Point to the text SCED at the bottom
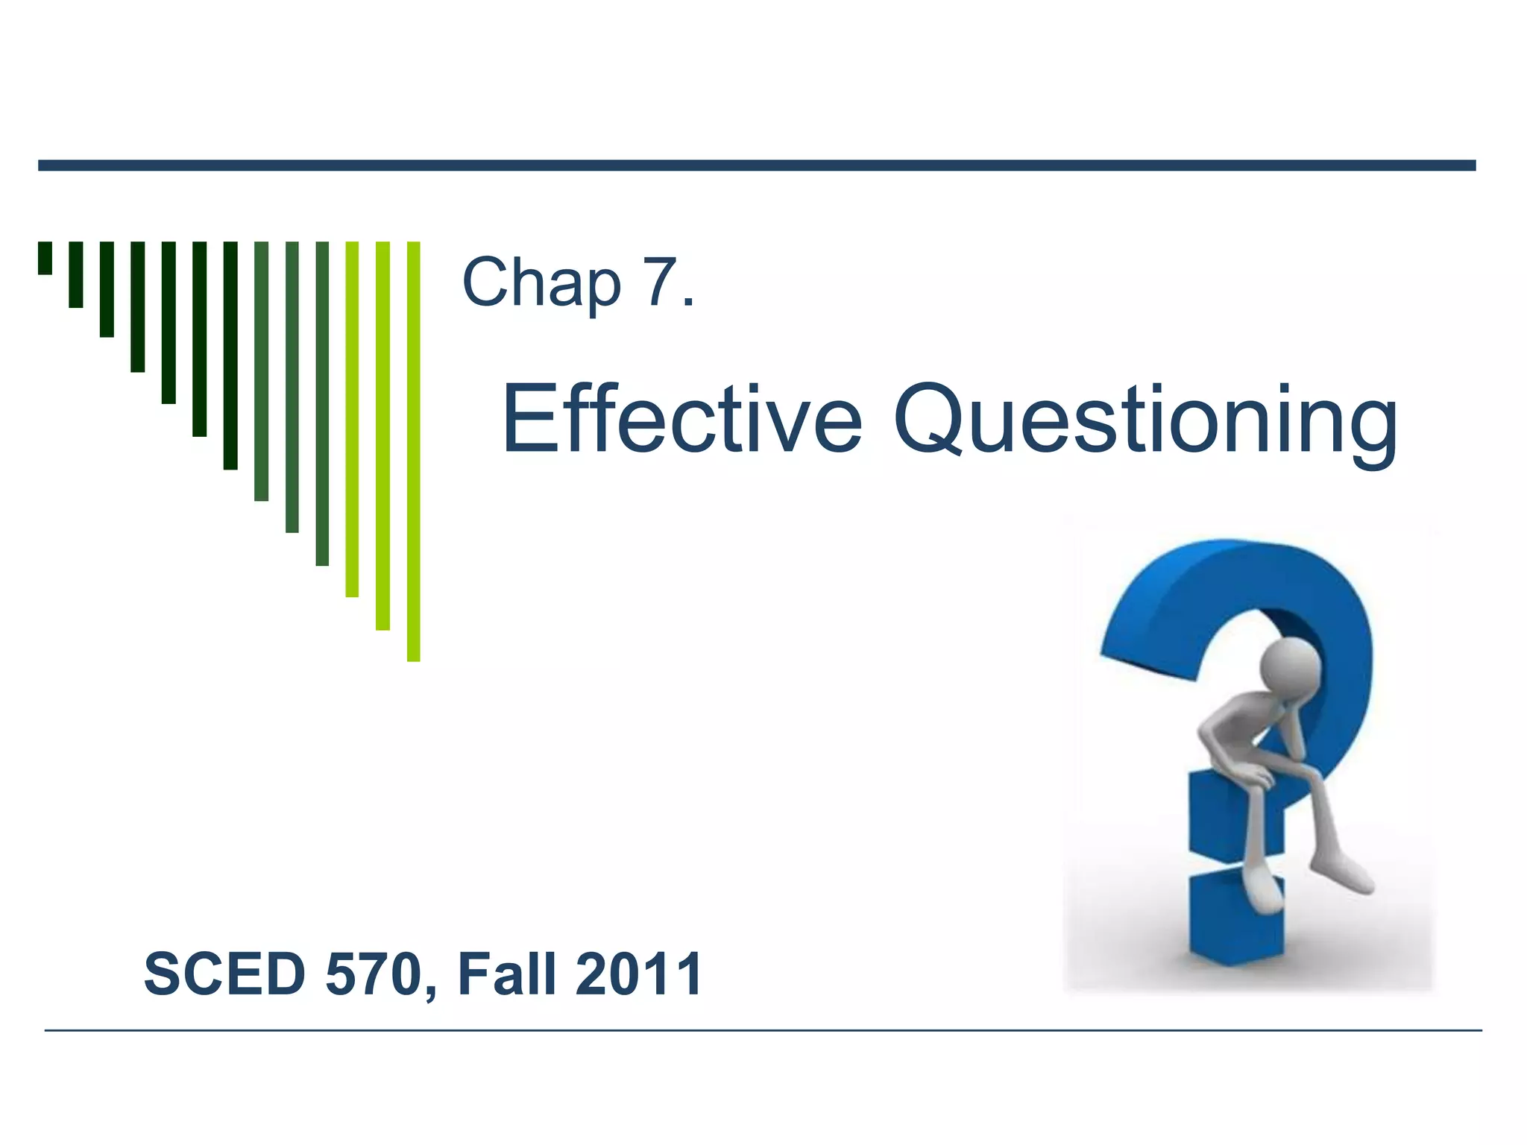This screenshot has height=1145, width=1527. click(x=224, y=974)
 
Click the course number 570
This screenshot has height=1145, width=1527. click(x=373, y=974)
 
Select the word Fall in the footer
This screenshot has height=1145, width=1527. click(x=506, y=974)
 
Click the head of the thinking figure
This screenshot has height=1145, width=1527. click(x=1291, y=666)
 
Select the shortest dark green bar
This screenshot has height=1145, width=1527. click(x=45, y=258)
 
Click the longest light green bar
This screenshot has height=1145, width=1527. click(x=413, y=451)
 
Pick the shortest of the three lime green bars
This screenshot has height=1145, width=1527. click(x=352, y=419)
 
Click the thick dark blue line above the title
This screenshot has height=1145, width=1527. click(x=757, y=165)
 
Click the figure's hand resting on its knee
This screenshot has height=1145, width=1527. click(x=1260, y=777)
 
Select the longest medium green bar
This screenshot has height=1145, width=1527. click(x=322, y=403)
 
